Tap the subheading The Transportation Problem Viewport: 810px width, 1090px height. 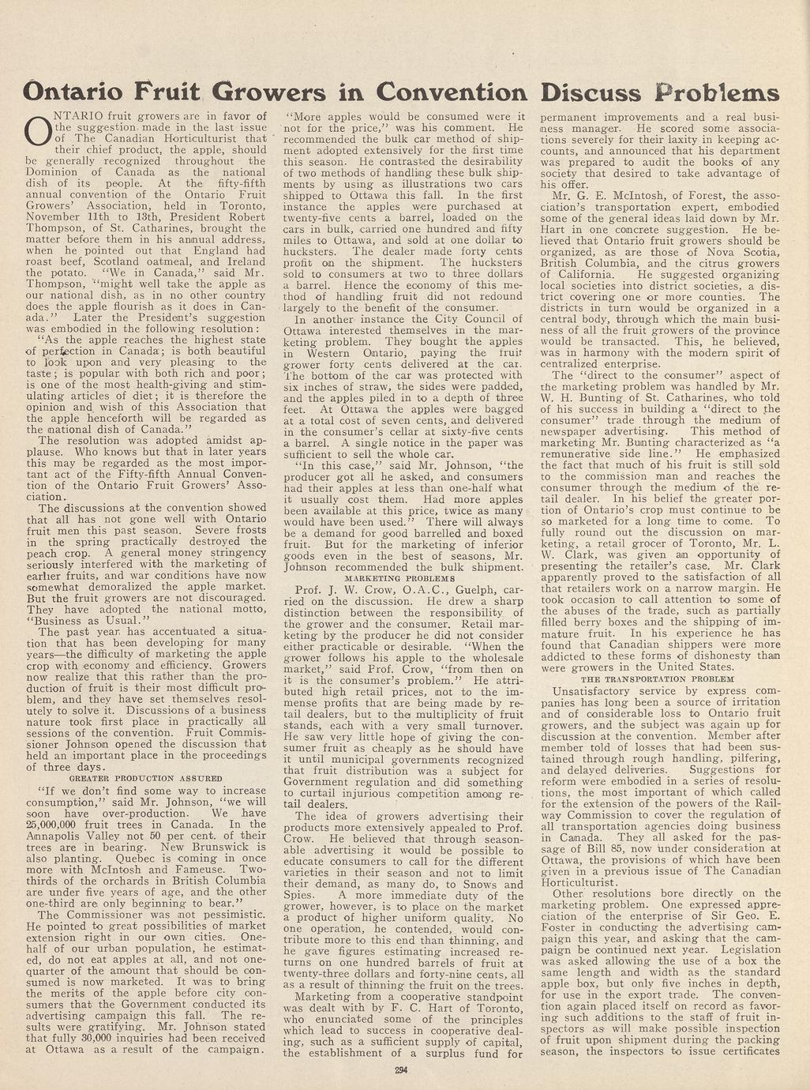[x=657, y=678]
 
